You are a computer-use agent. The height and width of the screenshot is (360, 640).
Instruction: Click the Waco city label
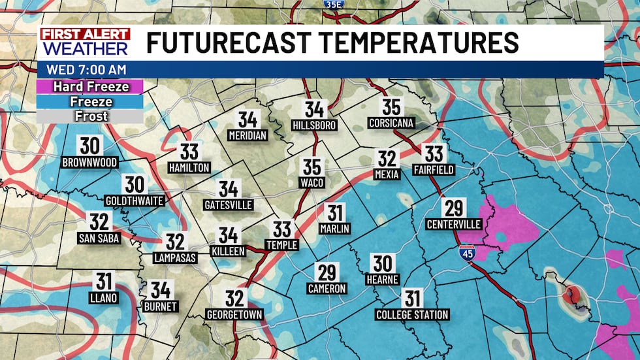pyautogui.click(x=312, y=183)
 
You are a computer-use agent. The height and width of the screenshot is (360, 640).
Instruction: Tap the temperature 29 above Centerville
pyautogui.click(x=453, y=208)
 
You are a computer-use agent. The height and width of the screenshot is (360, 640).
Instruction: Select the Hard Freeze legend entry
pyautogui.click(x=91, y=86)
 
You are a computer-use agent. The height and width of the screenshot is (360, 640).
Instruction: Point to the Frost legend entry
pyautogui.click(x=91, y=116)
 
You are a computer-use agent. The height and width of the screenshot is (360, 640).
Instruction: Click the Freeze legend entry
pyautogui.click(x=91, y=101)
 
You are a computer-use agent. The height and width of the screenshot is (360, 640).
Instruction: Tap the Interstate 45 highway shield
pyautogui.click(x=467, y=251)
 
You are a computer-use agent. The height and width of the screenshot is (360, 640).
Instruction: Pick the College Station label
pyautogui.click(x=412, y=315)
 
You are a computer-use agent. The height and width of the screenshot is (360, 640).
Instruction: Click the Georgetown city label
pyautogui.click(x=234, y=315)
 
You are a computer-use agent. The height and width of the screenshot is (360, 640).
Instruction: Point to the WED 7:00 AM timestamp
pyautogui.click(x=87, y=69)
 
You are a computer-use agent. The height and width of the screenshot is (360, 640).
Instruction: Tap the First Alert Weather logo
pyautogui.click(x=85, y=42)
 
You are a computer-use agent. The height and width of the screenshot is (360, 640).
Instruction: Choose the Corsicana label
pyautogui.click(x=391, y=122)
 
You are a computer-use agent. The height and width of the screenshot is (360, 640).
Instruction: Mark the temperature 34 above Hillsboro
pyautogui.click(x=314, y=108)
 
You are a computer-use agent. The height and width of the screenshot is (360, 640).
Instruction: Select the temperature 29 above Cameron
pyautogui.click(x=327, y=272)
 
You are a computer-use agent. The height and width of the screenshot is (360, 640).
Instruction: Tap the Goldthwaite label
pyautogui.click(x=135, y=201)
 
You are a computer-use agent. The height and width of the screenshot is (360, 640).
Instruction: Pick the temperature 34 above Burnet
pyautogui.click(x=159, y=289)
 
